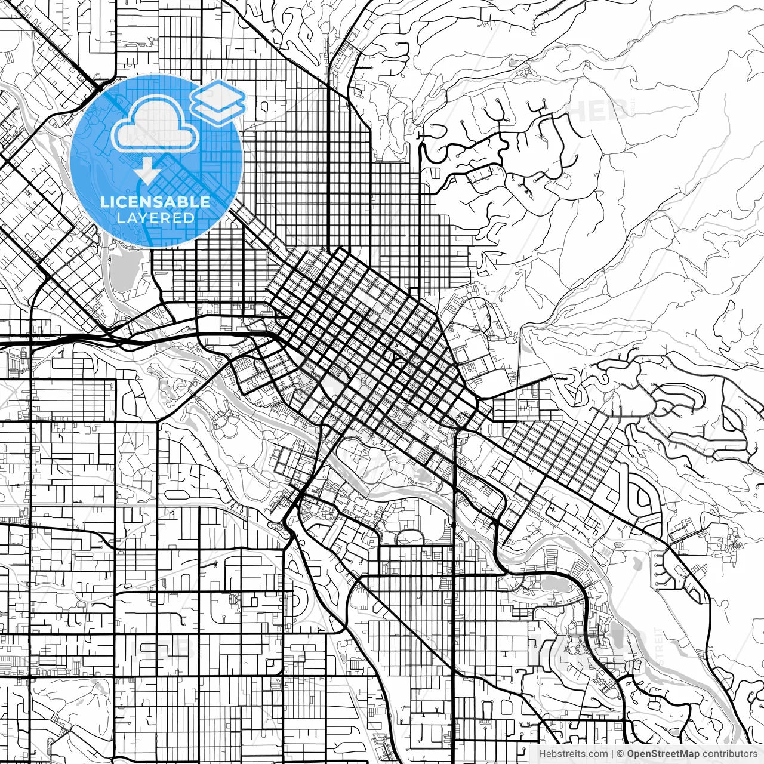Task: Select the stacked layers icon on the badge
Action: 218,101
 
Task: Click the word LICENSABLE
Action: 155,202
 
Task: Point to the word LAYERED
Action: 155,218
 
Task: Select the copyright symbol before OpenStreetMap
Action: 621,754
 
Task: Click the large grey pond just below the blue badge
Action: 122,272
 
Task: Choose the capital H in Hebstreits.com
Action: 542,754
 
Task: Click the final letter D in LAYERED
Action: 190,218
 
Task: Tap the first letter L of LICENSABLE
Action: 104,202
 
